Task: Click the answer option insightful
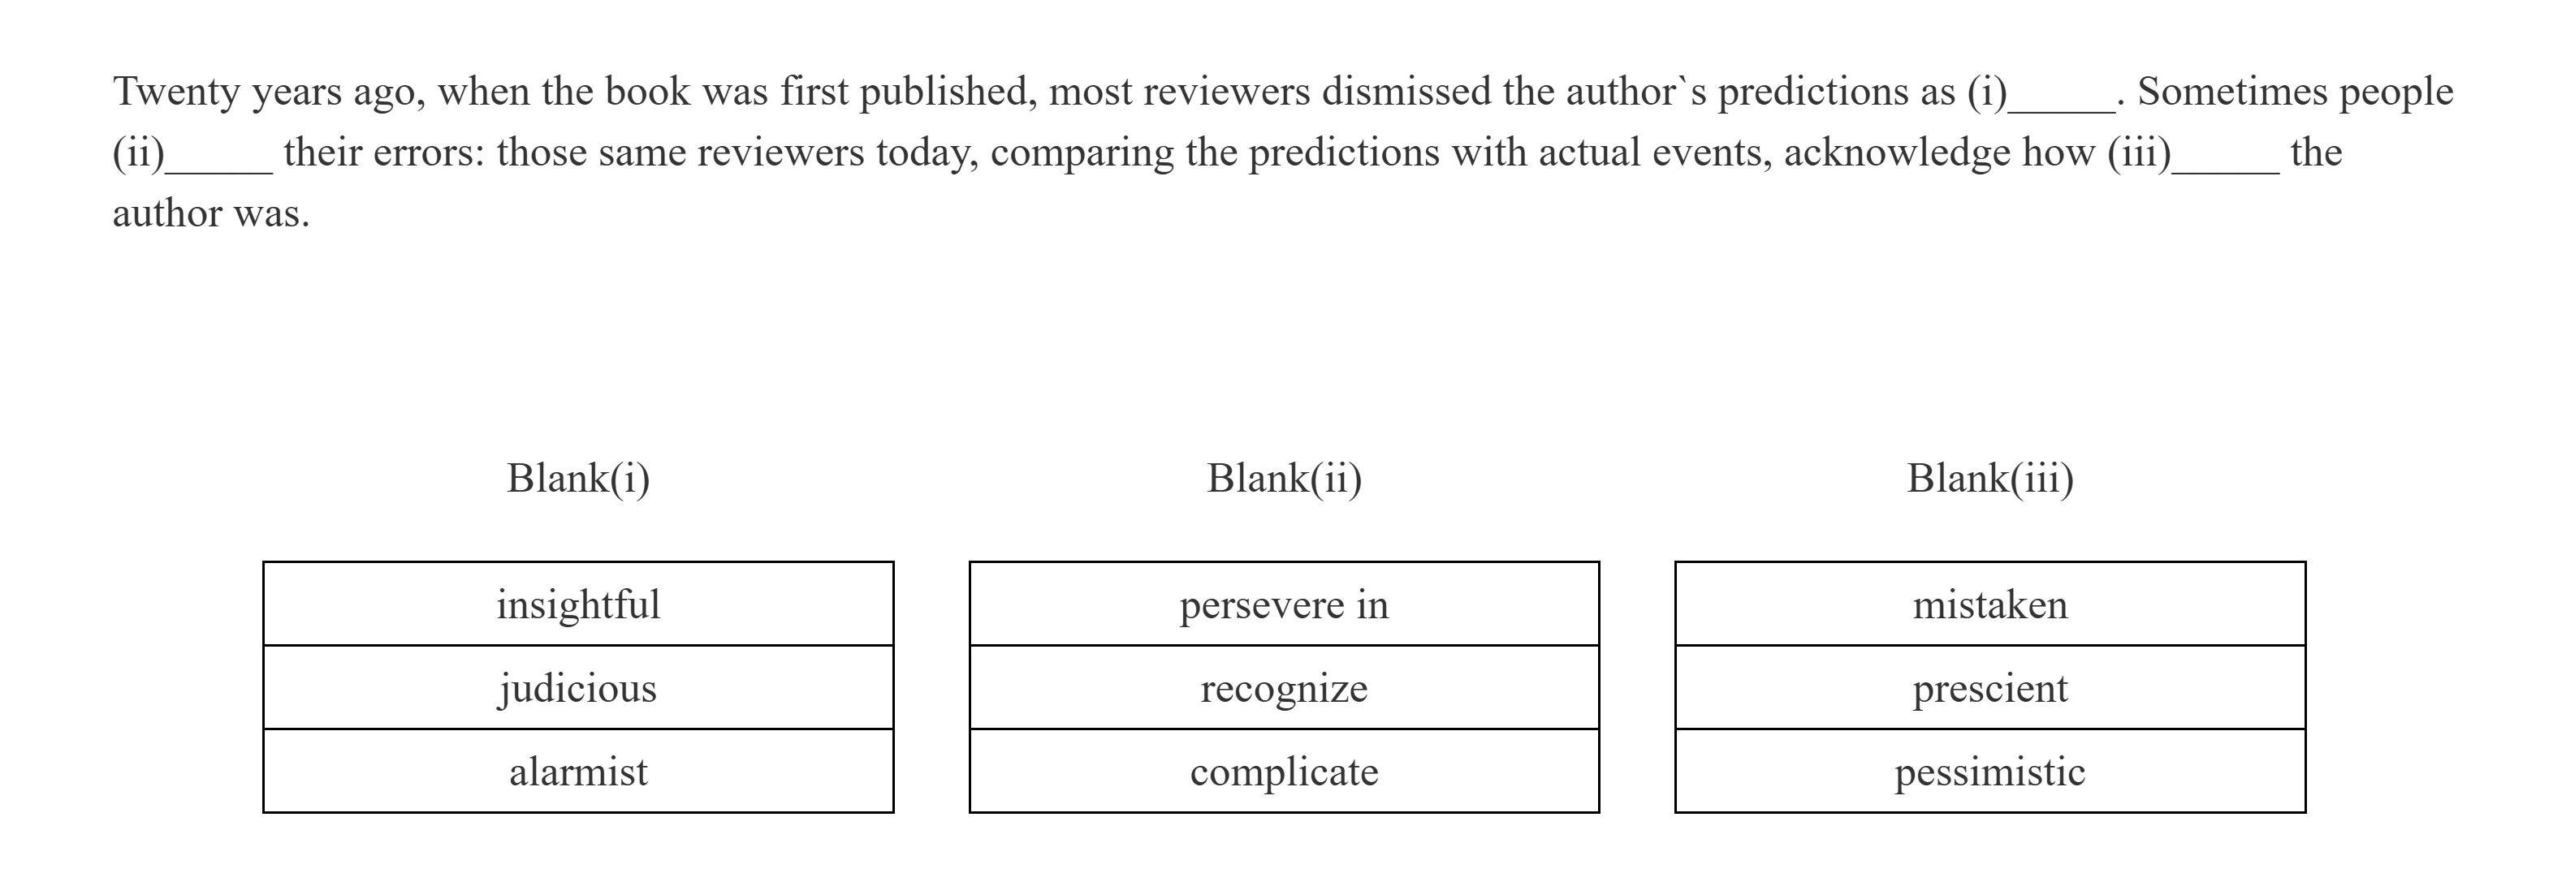click(x=577, y=604)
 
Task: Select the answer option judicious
click(x=577, y=688)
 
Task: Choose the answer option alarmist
click(x=577, y=772)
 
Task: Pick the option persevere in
click(x=1284, y=604)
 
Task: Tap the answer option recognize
click(x=1284, y=688)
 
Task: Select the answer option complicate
click(x=1284, y=772)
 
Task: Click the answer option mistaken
click(x=1989, y=604)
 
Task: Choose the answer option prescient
click(x=1989, y=688)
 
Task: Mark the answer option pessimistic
click(x=1989, y=772)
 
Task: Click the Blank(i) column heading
click(x=577, y=478)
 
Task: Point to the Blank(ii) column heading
click(x=1284, y=478)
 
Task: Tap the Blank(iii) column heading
click(x=1989, y=478)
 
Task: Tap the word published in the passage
click(x=942, y=92)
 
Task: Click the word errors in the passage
click(x=427, y=153)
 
